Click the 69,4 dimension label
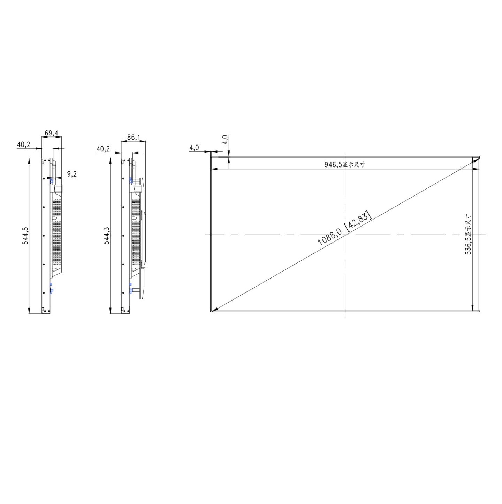point(51,133)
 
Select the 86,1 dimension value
point(134,137)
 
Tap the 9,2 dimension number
point(72,174)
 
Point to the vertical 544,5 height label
point(25,236)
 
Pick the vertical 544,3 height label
point(107,235)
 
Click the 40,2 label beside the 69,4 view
point(24,144)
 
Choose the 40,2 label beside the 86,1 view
point(103,149)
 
